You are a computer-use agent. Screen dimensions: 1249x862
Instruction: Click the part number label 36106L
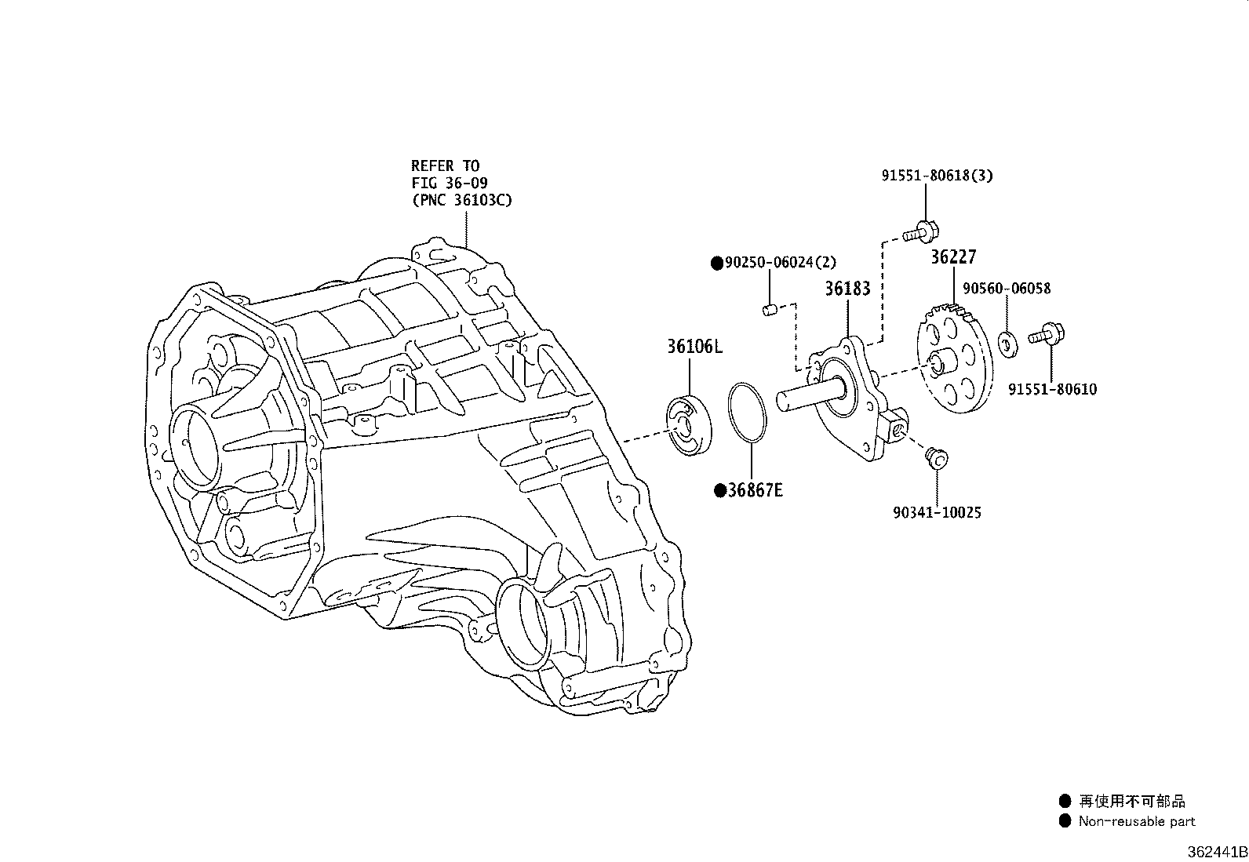[695, 347]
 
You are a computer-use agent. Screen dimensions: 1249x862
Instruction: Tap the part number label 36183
[847, 289]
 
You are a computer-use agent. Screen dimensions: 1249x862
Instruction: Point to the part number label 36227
[953, 257]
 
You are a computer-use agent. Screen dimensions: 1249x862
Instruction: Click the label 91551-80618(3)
[937, 176]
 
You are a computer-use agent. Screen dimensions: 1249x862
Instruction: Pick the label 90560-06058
[1007, 289]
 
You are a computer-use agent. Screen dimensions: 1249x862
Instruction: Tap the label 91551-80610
[1052, 389]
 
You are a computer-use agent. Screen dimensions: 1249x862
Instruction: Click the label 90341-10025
[937, 512]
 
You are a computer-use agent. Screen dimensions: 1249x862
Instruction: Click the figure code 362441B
[1217, 852]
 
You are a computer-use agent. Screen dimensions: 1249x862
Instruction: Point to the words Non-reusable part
[1137, 821]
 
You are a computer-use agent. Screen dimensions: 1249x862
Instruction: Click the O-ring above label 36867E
[747, 413]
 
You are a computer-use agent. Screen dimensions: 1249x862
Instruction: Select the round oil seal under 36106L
[689, 425]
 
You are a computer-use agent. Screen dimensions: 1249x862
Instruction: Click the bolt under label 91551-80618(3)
[920, 232]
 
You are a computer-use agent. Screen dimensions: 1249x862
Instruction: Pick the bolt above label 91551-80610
[1046, 334]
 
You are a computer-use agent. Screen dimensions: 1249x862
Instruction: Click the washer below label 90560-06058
[1007, 344]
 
